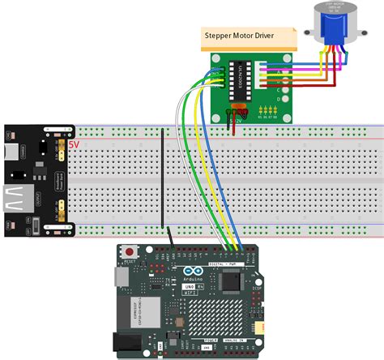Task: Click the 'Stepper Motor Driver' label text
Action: [250, 35]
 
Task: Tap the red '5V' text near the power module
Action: [74, 145]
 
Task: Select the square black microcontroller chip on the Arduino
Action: [231, 281]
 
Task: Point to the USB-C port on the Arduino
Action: [119, 278]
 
